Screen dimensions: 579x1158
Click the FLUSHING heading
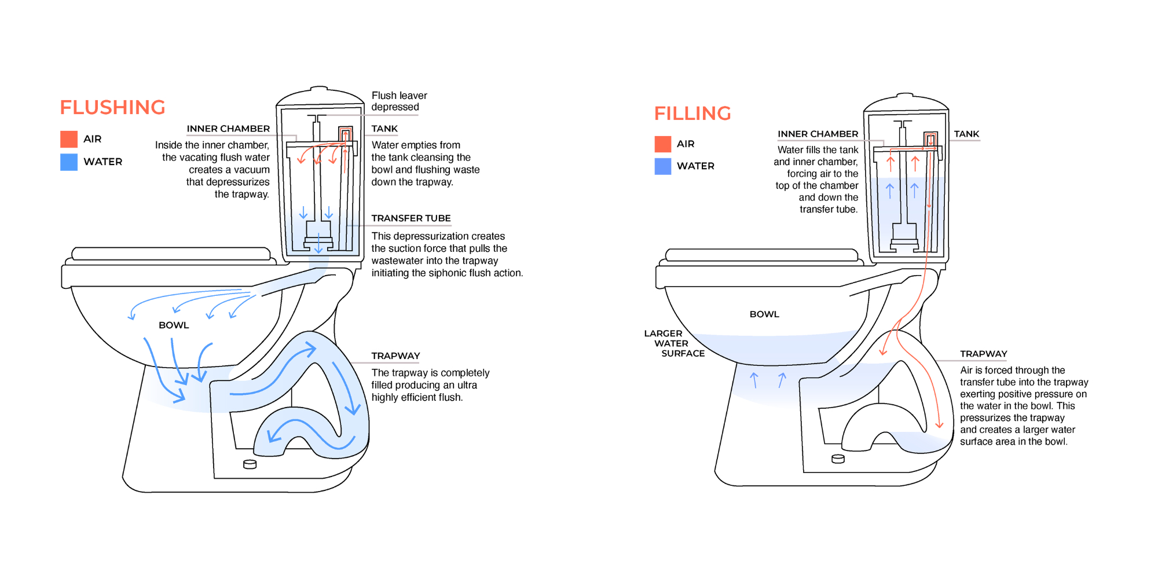(x=112, y=108)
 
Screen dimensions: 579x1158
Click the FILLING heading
(x=692, y=113)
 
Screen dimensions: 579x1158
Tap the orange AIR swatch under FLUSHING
(x=69, y=139)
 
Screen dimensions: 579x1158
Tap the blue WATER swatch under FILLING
(x=662, y=166)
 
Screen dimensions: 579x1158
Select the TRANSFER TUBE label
(x=411, y=218)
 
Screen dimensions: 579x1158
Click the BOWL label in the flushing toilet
(x=174, y=325)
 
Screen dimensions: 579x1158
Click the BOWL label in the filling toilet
(x=764, y=314)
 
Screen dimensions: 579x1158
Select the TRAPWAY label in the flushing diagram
(x=395, y=356)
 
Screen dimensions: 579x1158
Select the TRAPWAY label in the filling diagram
(x=983, y=354)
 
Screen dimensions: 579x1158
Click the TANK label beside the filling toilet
(x=966, y=134)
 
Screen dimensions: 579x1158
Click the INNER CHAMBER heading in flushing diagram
(x=228, y=129)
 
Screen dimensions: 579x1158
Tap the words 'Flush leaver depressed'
(x=399, y=101)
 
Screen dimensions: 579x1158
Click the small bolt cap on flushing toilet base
(x=250, y=464)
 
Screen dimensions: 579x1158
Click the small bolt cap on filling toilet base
(x=838, y=459)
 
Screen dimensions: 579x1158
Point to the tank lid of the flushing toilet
(x=320, y=97)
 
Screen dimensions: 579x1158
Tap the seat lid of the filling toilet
(x=761, y=255)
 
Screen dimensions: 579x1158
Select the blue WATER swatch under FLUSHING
(x=69, y=162)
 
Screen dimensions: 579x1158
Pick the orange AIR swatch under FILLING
(x=662, y=144)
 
